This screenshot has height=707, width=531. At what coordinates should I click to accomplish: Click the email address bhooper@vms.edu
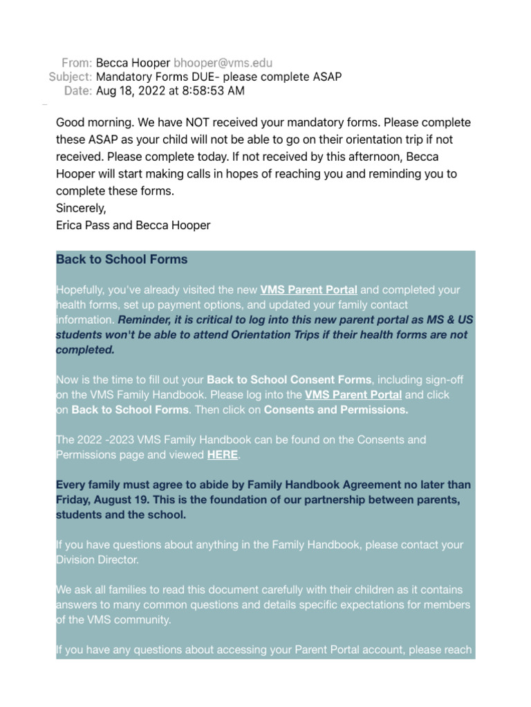213,63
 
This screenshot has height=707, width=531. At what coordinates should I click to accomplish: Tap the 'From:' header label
76,63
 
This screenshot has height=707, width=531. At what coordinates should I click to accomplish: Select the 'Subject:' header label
70,77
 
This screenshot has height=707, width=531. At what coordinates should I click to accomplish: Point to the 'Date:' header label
77,90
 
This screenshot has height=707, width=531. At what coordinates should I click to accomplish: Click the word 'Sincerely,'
82,208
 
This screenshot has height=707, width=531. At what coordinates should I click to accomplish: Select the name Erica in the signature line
71,225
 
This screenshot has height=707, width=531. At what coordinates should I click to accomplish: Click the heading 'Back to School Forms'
122,260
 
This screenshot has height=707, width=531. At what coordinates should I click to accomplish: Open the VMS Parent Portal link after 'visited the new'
308,290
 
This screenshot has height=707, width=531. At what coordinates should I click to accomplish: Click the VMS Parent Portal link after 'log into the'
353,395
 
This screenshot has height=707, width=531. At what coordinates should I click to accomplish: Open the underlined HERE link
222,454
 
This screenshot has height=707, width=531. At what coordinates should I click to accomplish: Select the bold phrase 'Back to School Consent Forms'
289,380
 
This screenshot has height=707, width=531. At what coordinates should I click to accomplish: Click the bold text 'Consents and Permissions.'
336,409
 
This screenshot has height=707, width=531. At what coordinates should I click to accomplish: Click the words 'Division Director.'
97,560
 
